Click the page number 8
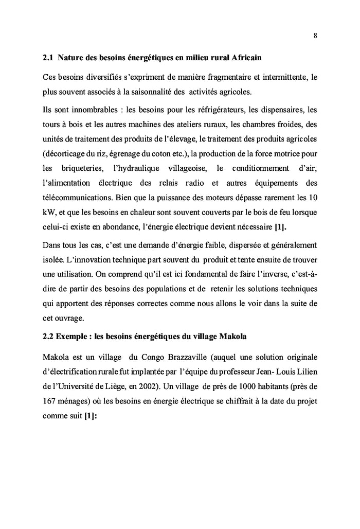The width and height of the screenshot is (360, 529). (x=315, y=35)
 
